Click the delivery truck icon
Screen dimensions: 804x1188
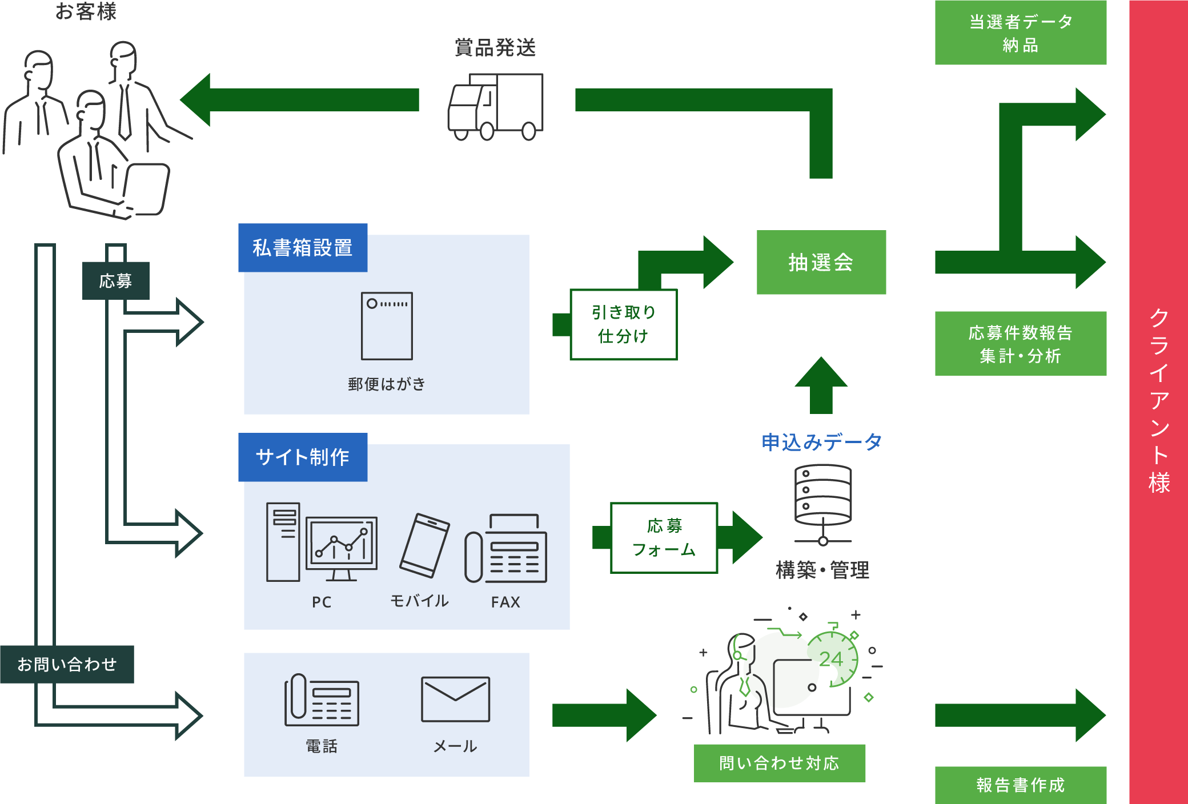coord(495,107)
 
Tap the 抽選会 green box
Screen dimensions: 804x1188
coord(821,262)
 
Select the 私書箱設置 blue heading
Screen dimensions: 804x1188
coord(303,248)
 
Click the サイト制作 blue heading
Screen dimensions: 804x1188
coord(303,457)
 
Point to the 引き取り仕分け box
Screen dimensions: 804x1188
coord(624,324)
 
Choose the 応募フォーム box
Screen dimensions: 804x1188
coord(664,537)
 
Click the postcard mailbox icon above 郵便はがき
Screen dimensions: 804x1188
coord(387,326)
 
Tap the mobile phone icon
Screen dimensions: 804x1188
coord(424,545)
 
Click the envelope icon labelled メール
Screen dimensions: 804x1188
coord(455,699)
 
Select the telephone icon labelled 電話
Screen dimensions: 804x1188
coord(322,700)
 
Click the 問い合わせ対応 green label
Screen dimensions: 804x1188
coord(779,763)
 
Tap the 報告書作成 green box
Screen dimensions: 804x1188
coord(1020,785)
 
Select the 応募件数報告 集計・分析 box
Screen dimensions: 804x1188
coord(1020,344)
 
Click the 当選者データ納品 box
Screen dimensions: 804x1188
coord(1020,33)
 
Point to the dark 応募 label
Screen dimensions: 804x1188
coord(116,280)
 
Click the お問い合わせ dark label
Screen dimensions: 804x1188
coord(67,664)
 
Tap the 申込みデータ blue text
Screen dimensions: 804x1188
coord(821,442)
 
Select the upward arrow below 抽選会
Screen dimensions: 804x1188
coord(821,385)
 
